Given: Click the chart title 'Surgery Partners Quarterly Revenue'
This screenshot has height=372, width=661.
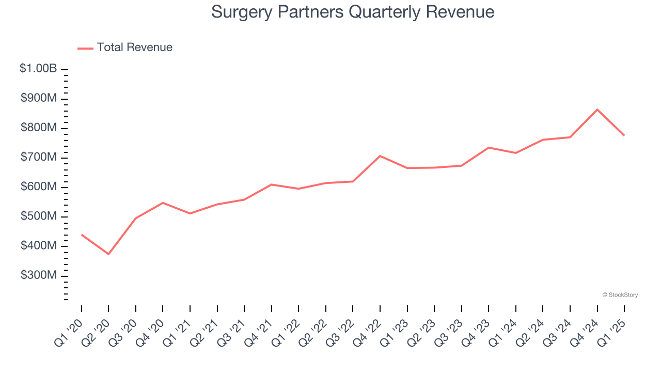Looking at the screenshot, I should [353, 12].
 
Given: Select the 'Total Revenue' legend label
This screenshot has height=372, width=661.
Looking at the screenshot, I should [134, 48].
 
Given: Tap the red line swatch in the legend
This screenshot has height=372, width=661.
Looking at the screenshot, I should [85, 48].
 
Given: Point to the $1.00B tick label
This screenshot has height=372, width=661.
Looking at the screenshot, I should [38, 69].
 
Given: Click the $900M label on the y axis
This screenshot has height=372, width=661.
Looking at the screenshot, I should [39, 98].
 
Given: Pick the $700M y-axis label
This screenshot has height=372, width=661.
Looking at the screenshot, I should [39, 158].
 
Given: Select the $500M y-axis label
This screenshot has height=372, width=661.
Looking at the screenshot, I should [39, 216].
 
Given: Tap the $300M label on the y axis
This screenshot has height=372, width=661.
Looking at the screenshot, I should [39, 276].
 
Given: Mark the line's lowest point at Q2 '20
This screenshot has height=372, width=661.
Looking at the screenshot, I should [108, 254].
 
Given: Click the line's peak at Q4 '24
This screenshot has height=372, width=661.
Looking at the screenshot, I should [597, 110].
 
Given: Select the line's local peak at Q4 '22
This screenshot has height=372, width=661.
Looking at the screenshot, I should [380, 156].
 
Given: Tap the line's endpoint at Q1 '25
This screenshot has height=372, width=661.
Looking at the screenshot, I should [624, 135].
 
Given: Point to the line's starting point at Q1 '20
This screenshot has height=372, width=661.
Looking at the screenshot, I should [82, 235].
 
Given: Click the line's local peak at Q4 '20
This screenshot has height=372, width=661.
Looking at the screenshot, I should [163, 203].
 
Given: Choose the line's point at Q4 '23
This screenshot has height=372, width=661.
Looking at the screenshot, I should [489, 148].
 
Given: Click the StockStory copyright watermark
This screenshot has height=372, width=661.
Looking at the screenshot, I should [620, 295].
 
